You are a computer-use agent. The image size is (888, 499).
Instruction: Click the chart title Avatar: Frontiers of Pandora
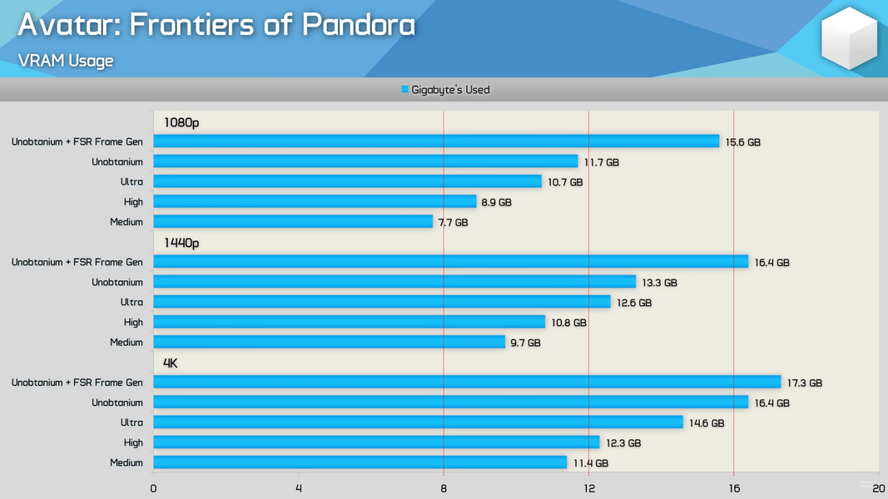pos(216,25)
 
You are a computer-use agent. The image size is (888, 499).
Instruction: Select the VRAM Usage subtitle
pos(66,61)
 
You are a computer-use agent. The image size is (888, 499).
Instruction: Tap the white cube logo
pos(849,37)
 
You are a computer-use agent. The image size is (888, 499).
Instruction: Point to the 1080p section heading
pos(181,122)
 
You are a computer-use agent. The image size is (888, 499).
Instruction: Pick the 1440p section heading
pos(181,243)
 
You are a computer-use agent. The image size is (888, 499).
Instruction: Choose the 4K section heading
pos(171,363)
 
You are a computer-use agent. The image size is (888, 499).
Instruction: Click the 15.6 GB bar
pos(436,141)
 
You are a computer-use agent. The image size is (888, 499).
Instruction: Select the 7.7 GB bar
pos(293,222)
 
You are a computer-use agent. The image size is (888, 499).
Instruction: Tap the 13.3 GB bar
pos(394,282)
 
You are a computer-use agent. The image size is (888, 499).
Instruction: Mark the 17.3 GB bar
pos(467,383)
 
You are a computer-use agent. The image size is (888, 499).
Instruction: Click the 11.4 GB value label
pos(590,463)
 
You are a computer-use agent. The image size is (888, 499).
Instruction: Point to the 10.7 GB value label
pos(565,182)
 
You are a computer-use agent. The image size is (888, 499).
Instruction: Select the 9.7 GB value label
pos(524,343)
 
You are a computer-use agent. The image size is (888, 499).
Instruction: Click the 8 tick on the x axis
pos(444,488)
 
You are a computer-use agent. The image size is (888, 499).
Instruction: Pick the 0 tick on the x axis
pos(153,488)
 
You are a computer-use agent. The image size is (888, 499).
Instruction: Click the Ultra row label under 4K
pos(131,422)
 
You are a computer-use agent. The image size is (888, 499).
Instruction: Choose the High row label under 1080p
pos(133,202)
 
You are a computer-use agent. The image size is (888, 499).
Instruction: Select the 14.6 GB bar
pos(418,422)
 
